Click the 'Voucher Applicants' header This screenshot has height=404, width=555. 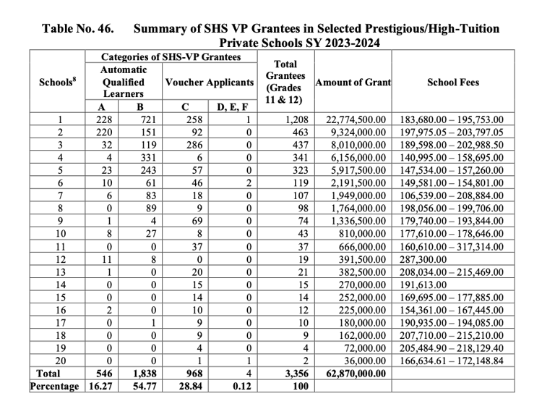pos(210,83)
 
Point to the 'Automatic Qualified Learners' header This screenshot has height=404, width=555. pos(123,82)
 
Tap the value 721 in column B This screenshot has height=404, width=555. pos(147,120)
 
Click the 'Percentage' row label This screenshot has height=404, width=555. pos(54,386)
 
